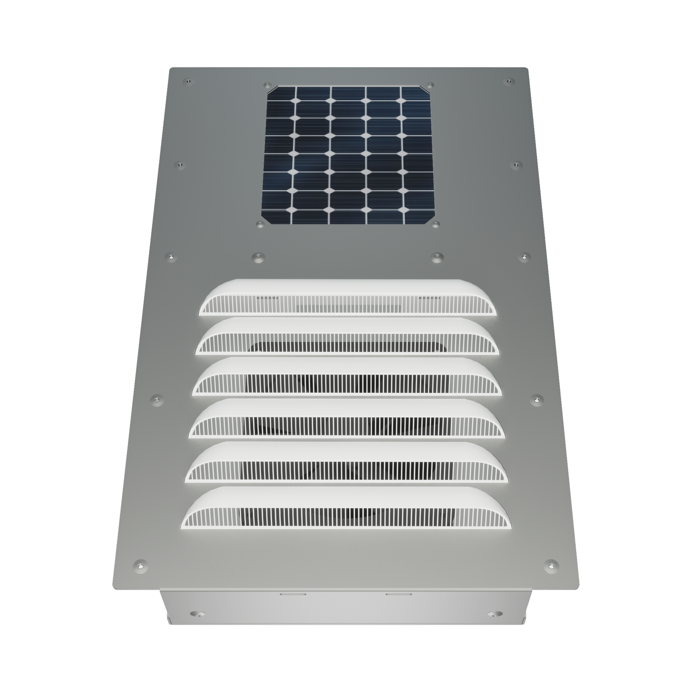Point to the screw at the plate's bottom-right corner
click(x=551, y=564)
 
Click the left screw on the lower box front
click(x=197, y=614)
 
